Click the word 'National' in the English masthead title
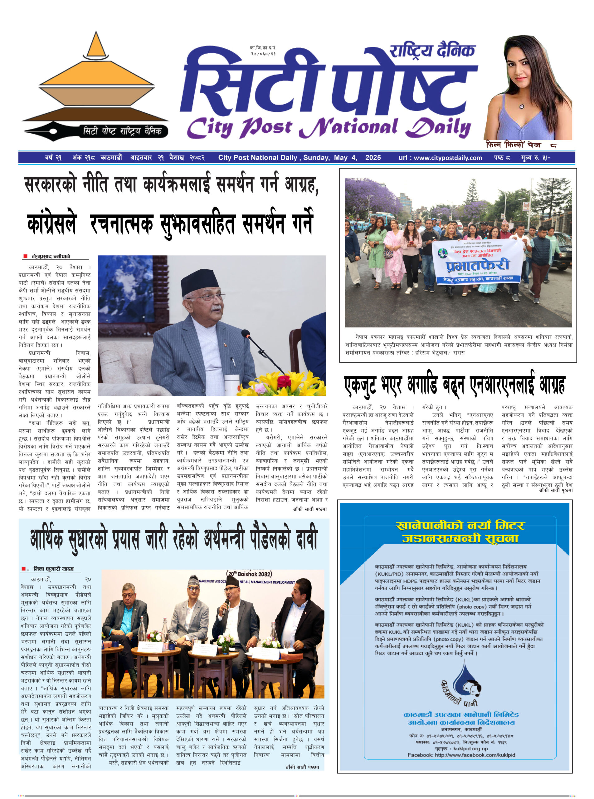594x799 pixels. (x=348, y=128)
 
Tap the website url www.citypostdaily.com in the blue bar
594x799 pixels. (x=440, y=158)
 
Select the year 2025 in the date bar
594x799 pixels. (x=373, y=158)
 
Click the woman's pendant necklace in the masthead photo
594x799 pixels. (x=522, y=106)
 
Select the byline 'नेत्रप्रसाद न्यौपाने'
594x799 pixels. (x=51, y=257)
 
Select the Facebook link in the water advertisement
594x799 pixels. (x=461, y=755)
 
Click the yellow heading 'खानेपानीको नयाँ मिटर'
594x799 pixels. (x=460, y=526)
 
